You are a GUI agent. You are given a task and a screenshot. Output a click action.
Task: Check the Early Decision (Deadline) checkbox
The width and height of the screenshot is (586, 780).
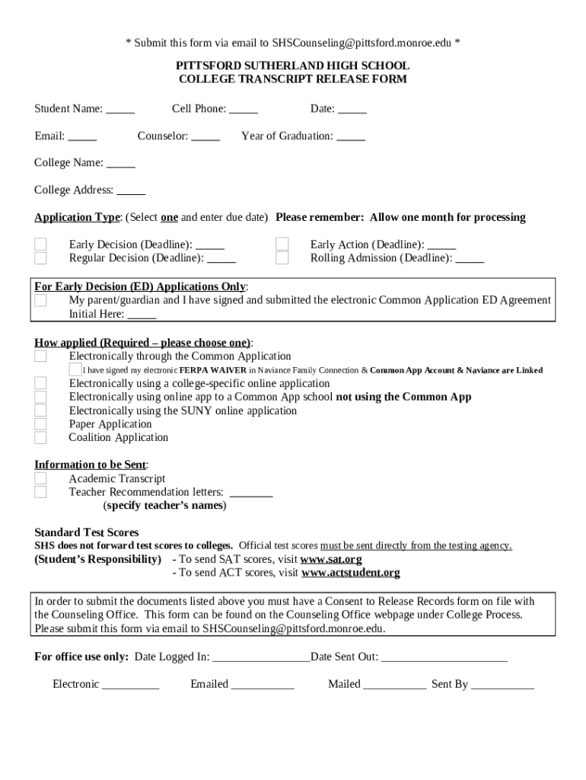point(40,245)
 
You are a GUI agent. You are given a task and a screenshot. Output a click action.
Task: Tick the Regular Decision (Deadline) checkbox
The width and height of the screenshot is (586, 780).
point(40,258)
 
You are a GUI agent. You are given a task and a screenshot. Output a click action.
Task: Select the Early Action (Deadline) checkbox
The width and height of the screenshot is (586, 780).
point(282,245)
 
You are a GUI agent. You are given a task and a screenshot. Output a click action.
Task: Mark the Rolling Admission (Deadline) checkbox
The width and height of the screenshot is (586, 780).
point(282,258)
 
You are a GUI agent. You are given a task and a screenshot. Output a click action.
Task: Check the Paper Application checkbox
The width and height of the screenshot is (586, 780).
point(40,424)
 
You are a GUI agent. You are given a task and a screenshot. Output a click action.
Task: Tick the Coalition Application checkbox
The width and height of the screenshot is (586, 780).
point(40,438)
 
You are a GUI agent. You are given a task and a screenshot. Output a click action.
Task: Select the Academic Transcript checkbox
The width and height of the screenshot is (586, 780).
point(40,478)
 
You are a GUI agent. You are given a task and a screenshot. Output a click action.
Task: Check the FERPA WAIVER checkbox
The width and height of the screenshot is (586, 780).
point(75,369)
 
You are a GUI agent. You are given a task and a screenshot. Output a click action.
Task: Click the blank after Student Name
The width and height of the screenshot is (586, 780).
point(120,110)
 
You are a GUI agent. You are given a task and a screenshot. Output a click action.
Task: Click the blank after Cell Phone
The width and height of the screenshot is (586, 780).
point(244,110)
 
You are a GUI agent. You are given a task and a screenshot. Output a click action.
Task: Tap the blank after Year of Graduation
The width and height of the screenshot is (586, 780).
point(351,137)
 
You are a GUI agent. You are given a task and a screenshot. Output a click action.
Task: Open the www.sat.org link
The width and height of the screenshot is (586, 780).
point(331,559)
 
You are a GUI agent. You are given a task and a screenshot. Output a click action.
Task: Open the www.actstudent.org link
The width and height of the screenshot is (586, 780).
point(350,573)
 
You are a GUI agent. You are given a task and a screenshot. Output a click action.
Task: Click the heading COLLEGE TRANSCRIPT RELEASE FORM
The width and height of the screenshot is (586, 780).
point(293,79)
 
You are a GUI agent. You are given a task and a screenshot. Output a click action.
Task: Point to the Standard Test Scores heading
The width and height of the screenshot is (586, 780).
point(87,532)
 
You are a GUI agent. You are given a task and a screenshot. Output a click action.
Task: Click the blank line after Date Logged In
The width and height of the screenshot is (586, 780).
point(261,657)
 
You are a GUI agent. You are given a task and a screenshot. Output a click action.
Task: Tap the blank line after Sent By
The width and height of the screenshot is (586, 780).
point(502,685)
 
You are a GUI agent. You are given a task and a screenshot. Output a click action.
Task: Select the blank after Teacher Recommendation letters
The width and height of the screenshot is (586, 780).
point(250,493)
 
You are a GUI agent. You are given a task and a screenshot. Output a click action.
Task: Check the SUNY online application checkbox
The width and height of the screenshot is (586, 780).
point(40,411)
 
